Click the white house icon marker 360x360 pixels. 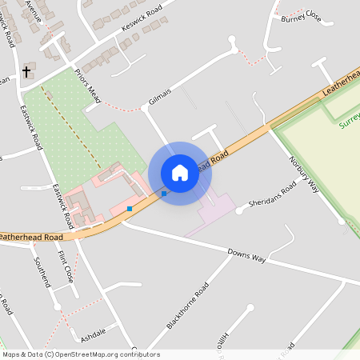(180, 173)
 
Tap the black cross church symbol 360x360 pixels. (26, 72)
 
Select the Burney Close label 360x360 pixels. (300, 16)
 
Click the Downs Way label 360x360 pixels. (246, 256)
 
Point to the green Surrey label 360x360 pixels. (350, 120)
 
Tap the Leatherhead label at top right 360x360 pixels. (341, 86)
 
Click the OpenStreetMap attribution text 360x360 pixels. (80, 354)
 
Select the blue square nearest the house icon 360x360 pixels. (164, 193)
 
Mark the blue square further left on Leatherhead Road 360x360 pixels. (130, 208)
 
